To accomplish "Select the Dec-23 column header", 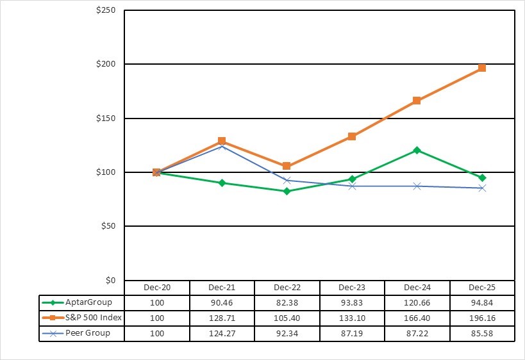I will click(x=352, y=288).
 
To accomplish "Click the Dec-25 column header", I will click(x=482, y=288).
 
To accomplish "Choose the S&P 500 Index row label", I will click(x=93, y=318).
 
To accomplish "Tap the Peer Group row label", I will click(x=88, y=333).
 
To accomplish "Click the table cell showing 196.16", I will click(x=482, y=318).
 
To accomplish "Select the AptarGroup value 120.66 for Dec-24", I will click(x=417, y=302).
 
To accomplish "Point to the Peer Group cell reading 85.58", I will click(x=482, y=333).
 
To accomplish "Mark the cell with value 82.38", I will click(x=287, y=302).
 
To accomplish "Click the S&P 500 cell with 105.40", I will click(x=287, y=318).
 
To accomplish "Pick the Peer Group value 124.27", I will click(x=222, y=333).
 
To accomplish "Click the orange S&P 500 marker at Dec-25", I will click(x=482, y=68).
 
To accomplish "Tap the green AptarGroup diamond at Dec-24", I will click(x=417, y=150).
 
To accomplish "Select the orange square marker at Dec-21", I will click(x=222, y=141).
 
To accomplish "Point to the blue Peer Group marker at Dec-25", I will click(x=482, y=188).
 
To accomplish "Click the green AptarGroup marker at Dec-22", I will click(x=287, y=191).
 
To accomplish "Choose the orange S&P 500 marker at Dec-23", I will click(x=352, y=136).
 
